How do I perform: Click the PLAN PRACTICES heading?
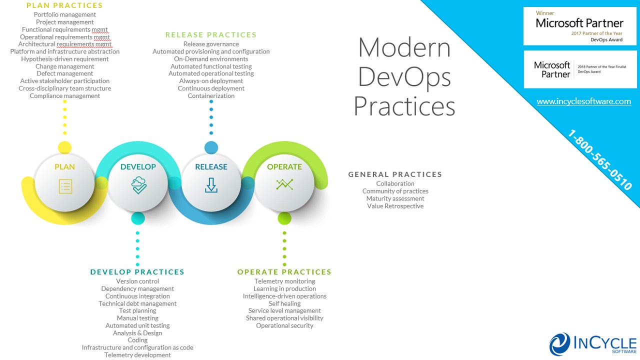tap(64, 5)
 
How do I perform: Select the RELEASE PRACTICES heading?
tap(211, 35)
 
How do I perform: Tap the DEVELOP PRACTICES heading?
tap(137, 272)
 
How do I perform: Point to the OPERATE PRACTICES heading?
tap(284, 272)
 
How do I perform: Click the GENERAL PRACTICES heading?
tap(395, 174)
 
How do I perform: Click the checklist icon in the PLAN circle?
tap(65, 186)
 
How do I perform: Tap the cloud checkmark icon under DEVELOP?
tap(139, 185)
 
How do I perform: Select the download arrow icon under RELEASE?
tap(211, 185)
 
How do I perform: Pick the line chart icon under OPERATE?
tap(284, 184)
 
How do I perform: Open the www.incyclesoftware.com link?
tap(583, 101)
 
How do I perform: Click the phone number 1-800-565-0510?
tap(599, 159)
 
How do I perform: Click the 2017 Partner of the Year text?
tap(596, 33)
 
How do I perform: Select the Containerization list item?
tap(211, 96)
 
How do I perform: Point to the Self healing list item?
tap(284, 303)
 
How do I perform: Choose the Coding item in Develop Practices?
tap(137, 340)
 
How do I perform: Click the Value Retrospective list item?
tap(395, 206)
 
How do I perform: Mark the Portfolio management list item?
tap(65, 14)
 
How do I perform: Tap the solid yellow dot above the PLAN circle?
tap(64, 147)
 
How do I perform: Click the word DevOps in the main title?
tap(404, 77)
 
